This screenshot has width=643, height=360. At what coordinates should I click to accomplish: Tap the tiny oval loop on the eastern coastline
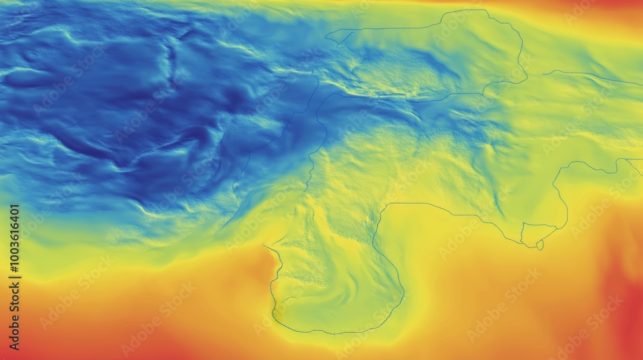(540, 245)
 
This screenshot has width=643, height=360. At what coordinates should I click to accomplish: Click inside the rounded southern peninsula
(334, 283)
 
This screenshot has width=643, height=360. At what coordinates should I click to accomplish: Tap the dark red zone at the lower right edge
(627, 309)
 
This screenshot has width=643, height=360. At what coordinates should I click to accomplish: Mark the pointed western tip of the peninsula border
(265, 246)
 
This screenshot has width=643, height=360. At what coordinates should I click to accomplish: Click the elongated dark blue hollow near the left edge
(26, 77)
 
